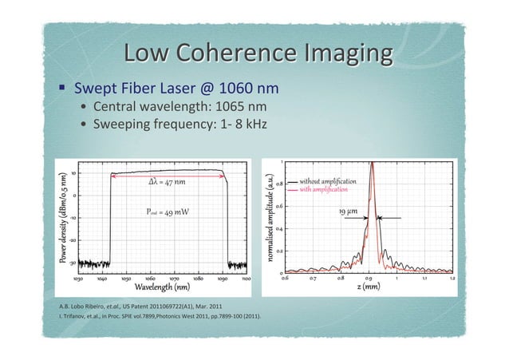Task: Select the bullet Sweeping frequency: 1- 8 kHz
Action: (x=180, y=125)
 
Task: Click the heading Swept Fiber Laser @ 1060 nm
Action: (x=176, y=88)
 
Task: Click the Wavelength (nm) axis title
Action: (x=161, y=287)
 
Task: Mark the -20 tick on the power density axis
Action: (x=72, y=239)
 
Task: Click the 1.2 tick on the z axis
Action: (x=452, y=279)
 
